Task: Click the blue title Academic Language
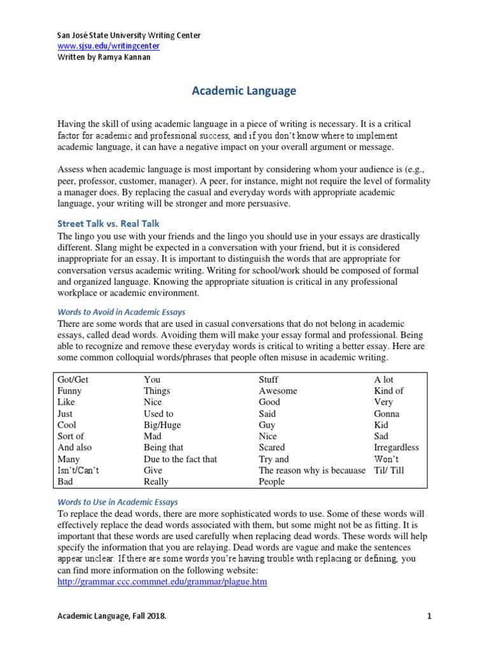coord(244,91)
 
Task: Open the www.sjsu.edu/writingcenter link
coord(108,46)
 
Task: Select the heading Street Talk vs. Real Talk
coord(108,223)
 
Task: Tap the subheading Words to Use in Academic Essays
coord(118,502)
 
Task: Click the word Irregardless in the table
coord(397,448)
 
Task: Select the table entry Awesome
coord(278,391)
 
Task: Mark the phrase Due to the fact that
coord(180,459)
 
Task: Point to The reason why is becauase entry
coord(312,470)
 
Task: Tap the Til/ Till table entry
coord(389,470)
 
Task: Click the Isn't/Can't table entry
coord(78,470)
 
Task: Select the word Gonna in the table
coord(387,414)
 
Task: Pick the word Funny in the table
coord(69,391)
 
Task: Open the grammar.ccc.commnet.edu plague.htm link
coord(162,582)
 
